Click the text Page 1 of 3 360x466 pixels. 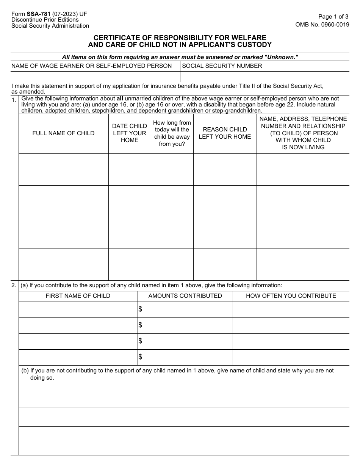[333, 17]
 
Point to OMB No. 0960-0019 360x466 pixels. [322, 24]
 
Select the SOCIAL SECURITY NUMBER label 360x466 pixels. [222, 66]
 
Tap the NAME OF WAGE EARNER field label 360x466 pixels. [91, 66]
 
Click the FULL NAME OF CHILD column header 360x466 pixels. [63, 133]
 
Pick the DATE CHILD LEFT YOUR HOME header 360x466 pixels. [130, 133]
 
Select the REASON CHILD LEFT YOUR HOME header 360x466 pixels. [225, 133]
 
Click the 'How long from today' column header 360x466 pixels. [172, 133]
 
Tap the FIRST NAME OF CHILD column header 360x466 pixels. [78, 296]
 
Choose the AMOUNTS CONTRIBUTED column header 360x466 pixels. [185, 296]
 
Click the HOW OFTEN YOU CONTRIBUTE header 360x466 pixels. [291, 296]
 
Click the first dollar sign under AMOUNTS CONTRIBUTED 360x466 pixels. [140, 310]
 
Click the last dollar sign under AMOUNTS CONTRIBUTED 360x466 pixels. [140, 357]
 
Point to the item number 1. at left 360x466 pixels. [14, 100]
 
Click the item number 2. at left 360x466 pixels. [14, 285]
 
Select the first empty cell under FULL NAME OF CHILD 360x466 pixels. [63, 169]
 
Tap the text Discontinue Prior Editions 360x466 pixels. [45, 20]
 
